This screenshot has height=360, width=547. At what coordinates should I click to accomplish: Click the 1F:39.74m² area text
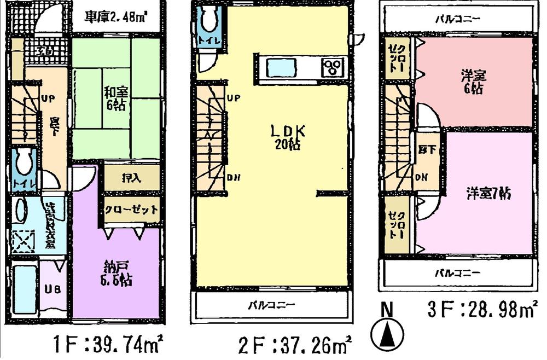(x=109, y=346)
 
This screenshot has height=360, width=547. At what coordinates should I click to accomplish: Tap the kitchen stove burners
(x=332, y=67)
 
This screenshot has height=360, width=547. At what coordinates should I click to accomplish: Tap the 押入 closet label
(x=131, y=178)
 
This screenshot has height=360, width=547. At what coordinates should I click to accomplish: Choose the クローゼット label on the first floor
(x=131, y=210)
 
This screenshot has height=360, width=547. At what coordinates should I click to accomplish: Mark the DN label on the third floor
(x=422, y=177)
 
